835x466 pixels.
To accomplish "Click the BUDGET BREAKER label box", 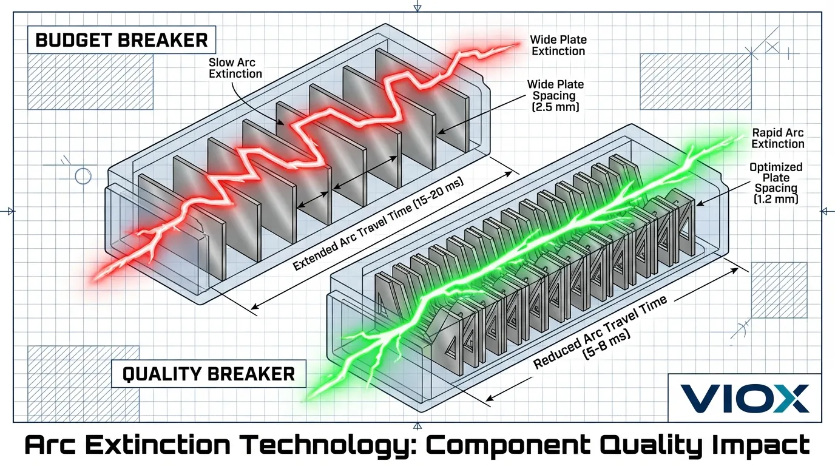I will click(x=122, y=41).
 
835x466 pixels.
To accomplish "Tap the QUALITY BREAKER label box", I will click(x=209, y=374).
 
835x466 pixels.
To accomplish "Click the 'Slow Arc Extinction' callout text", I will click(x=235, y=68).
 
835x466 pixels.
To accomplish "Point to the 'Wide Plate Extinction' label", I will click(x=558, y=46).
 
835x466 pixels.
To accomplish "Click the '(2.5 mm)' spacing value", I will click(x=555, y=107).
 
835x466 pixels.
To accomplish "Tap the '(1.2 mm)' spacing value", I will click(x=776, y=198).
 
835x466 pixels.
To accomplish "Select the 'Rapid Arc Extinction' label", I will click(x=777, y=138).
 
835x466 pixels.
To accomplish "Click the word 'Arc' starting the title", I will click(x=50, y=445).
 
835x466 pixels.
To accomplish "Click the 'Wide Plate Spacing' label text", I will click(x=555, y=90).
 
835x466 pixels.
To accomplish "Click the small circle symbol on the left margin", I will click(x=82, y=177).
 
